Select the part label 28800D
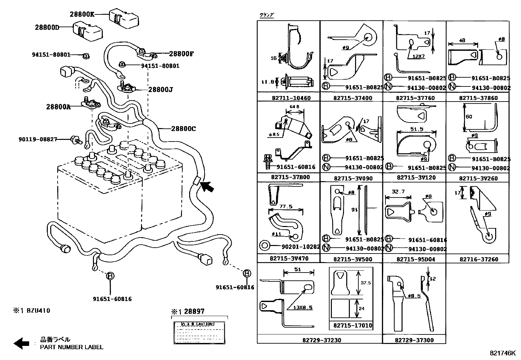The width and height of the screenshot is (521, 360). tap(47, 28)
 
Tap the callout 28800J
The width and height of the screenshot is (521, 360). tap(160, 89)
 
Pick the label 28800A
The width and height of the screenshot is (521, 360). tap(58, 106)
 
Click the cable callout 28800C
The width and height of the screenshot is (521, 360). tap(183, 129)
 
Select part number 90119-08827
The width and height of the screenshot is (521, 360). tap(38, 140)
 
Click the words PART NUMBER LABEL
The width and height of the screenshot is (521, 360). tap(71, 347)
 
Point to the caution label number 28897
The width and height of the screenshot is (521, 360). tap(194, 312)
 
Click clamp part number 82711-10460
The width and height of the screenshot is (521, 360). tap(291, 98)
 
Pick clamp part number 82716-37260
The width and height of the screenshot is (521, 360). tap(478, 259)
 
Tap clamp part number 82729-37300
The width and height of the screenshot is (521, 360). tap(414, 340)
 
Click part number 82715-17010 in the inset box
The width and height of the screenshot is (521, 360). tap(353, 325)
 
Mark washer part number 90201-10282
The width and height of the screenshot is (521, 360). tap(301, 247)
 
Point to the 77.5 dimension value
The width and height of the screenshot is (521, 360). tap(286, 207)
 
